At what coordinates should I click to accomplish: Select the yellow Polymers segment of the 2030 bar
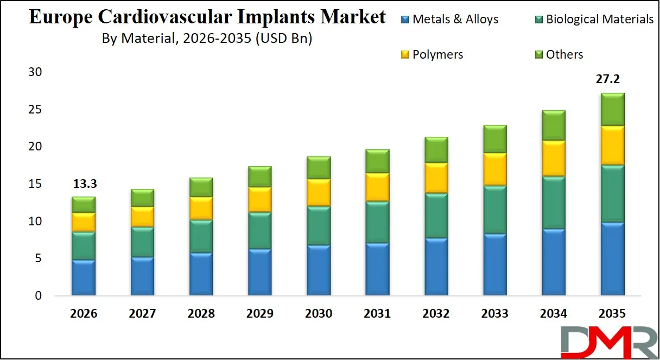(x=319, y=192)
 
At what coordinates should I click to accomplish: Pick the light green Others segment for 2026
(x=84, y=205)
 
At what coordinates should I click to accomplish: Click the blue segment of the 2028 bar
(x=201, y=274)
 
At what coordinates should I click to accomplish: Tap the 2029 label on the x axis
(x=259, y=314)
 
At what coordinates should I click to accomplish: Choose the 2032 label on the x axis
(x=436, y=314)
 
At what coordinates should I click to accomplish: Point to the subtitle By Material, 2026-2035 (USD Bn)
(x=207, y=39)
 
